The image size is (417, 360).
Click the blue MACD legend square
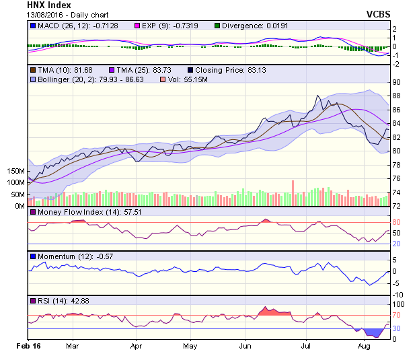click(x=32, y=26)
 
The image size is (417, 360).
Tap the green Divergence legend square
click(x=218, y=26)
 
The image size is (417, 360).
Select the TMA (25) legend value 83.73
click(x=162, y=70)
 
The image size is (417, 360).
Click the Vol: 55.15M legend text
click(x=229, y=79)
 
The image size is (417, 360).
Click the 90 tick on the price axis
click(x=397, y=82)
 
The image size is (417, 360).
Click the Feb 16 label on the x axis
click(x=28, y=346)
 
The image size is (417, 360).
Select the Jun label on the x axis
click(x=245, y=346)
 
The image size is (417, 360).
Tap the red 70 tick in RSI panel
click(x=397, y=315)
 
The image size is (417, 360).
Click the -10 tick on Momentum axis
click(x=398, y=295)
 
